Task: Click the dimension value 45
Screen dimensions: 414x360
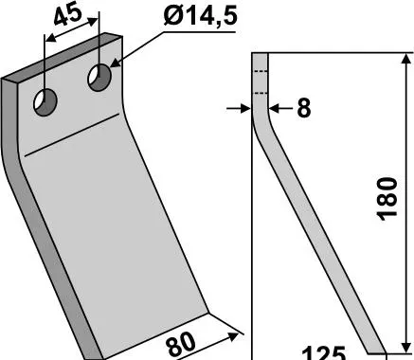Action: tap(68, 15)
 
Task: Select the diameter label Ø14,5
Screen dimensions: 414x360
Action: tap(200, 16)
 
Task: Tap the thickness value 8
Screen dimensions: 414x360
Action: tap(304, 108)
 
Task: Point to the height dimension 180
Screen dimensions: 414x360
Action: tap(387, 199)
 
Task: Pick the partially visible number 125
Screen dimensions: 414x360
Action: tap(324, 353)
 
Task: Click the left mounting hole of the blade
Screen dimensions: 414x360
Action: tap(45, 102)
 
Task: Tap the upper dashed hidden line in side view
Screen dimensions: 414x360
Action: tap(261, 72)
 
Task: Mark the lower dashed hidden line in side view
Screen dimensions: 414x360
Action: tap(261, 93)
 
